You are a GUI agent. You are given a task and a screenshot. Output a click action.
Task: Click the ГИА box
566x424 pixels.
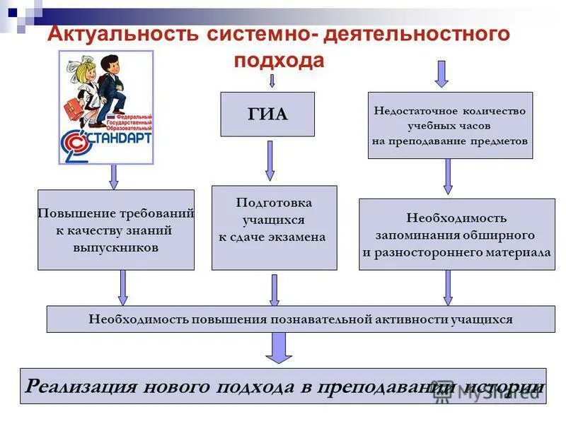point(267,114)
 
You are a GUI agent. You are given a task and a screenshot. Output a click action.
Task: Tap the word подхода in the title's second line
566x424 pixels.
point(279,60)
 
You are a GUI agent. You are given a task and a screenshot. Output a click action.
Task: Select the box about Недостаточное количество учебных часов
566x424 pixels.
point(450,125)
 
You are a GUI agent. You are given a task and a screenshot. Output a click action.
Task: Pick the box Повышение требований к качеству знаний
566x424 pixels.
point(116,230)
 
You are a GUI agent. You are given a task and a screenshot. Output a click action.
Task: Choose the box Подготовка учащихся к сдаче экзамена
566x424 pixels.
point(274,228)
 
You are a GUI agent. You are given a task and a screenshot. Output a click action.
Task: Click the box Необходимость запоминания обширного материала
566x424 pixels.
point(456,234)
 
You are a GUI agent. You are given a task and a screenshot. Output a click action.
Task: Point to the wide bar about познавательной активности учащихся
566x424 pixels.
point(301,319)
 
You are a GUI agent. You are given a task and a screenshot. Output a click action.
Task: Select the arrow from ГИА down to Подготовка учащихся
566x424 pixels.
point(270,160)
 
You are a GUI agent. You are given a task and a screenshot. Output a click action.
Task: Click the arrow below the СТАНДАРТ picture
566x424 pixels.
point(113,177)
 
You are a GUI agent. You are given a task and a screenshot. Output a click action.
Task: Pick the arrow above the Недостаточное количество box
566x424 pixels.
point(441,73)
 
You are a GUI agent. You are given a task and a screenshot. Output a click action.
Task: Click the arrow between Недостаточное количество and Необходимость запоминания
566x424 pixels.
point(448,177)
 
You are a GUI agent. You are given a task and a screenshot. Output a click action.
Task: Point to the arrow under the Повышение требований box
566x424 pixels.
point(123,288)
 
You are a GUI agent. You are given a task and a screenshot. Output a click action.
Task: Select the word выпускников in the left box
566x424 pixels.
point(115,248)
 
